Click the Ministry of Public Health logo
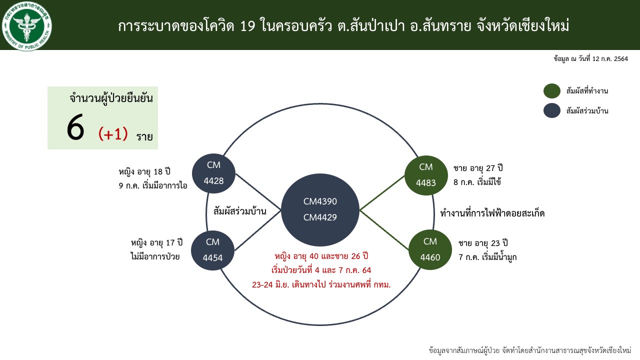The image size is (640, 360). [27, 26]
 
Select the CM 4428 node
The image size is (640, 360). [213, 173]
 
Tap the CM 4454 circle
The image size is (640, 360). [212, 250]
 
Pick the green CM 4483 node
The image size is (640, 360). [426, 175]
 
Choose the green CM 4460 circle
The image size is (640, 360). [430, 249]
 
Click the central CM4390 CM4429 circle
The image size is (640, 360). [320, 209]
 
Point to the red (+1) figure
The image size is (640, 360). [113, 133]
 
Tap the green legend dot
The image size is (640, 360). [551, 91]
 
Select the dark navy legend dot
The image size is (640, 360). [551, 110]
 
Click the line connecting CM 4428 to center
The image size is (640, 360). [258, 192]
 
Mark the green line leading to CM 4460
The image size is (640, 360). [384, 230]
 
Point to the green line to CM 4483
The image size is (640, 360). [382, 193]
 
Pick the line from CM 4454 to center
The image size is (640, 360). [257, 230]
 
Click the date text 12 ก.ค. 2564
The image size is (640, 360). [610, 59]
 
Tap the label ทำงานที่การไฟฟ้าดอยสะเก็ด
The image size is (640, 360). [492, 213]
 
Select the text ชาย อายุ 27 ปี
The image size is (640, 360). [478, 168]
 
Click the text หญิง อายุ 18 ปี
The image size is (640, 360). [144, 171]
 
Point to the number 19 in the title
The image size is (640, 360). [247, 26]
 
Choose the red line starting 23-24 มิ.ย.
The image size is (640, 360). [321, 284]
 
